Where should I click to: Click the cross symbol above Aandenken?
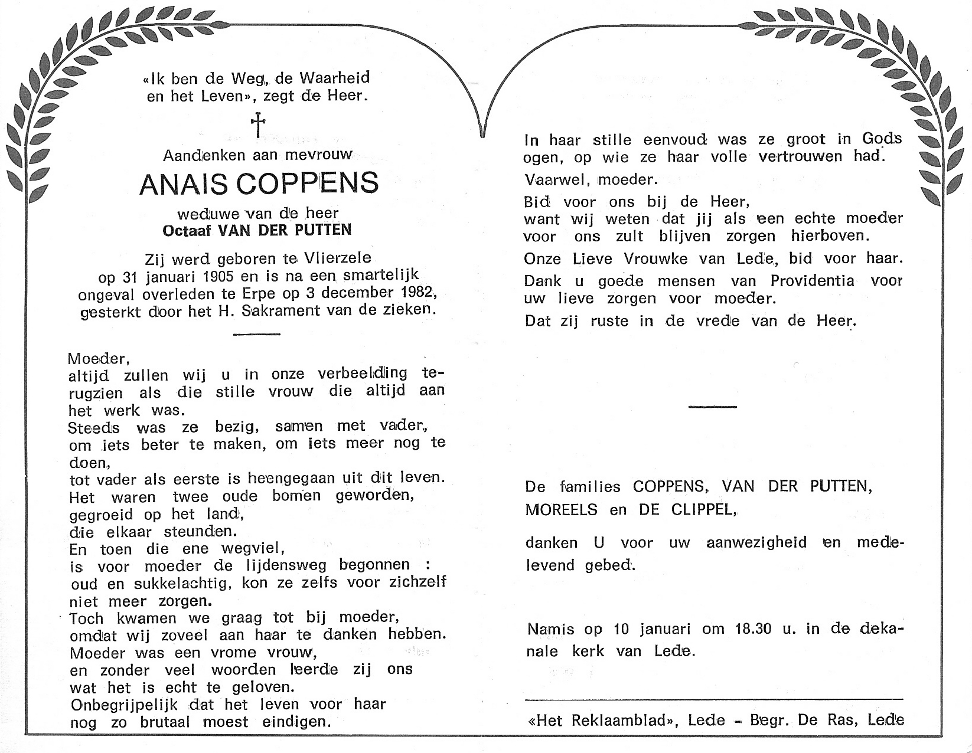[x=258, y=125]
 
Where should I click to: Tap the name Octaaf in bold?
[x=187, y=230]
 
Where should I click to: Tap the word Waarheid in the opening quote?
[x=335, y=78]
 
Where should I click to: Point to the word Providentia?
[x=812, y=281]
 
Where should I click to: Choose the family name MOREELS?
[x=561, y=510]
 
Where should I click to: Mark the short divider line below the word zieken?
[x=256, y=334]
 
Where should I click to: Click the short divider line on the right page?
[x=713, y=407]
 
